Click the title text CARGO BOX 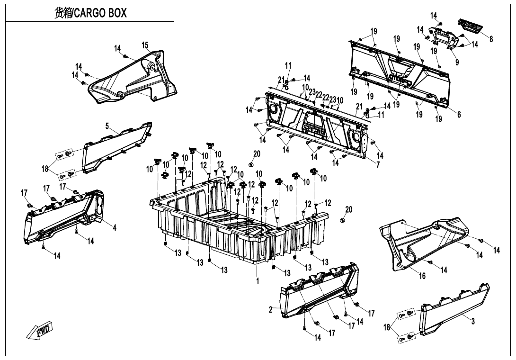[x=90, y=13]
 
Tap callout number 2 [x=271, y=310]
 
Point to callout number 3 [x=472, y=321]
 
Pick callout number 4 [x=114, y=227]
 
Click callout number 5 [x=107, y=126]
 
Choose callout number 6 [x=459, y=114]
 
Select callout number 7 [x=378, y=165]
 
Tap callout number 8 [x=491, y=39]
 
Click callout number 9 [x=457, y=62]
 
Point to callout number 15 [x=145, y=45]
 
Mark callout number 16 [x=422, y=276]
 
